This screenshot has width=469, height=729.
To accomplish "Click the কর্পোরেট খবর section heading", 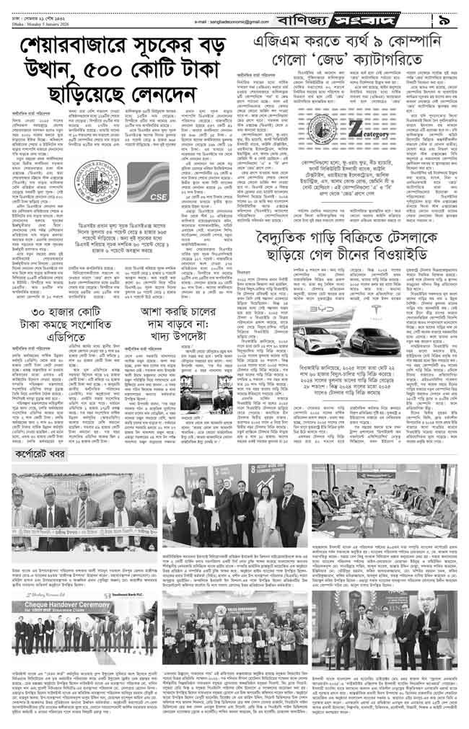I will pos(48,456).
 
